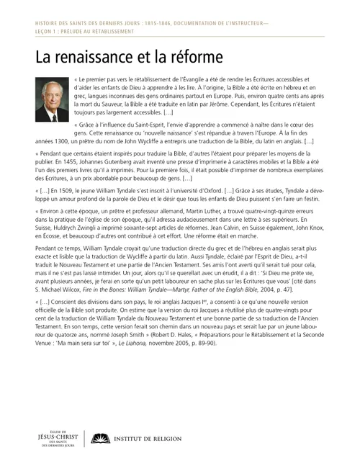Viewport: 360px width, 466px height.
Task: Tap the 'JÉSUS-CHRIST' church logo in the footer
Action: (53, 438)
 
